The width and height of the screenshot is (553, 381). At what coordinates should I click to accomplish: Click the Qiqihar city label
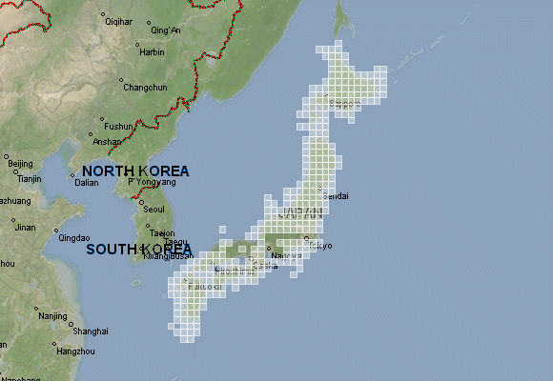tap(119, 20)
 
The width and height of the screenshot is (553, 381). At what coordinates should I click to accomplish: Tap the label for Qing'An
tap(165, 30)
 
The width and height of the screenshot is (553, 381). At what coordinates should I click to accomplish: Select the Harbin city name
tap(152, 52)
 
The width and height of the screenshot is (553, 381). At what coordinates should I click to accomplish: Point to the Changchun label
tap(145, 88)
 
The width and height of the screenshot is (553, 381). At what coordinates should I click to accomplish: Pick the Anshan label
tap(107, 142)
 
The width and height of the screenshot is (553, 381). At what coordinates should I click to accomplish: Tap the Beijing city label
tap(20, 164)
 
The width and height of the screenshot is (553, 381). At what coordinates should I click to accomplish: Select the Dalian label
tap(87, 182)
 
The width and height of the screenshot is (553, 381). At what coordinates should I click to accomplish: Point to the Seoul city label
tap(154, 209)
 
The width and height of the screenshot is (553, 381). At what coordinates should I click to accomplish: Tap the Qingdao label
tap(73, 238)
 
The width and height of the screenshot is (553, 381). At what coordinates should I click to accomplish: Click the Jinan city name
tap(25, 227)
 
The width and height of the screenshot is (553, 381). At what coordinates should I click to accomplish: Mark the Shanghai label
tap(90, 331)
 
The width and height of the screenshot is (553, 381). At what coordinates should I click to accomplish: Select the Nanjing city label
tap(53, 315)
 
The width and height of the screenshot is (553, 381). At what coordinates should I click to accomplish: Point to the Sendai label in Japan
tap(337, 195)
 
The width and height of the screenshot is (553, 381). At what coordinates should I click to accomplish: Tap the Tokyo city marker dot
tap(306, 238)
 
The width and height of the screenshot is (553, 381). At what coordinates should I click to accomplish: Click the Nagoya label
tap(286, 255)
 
